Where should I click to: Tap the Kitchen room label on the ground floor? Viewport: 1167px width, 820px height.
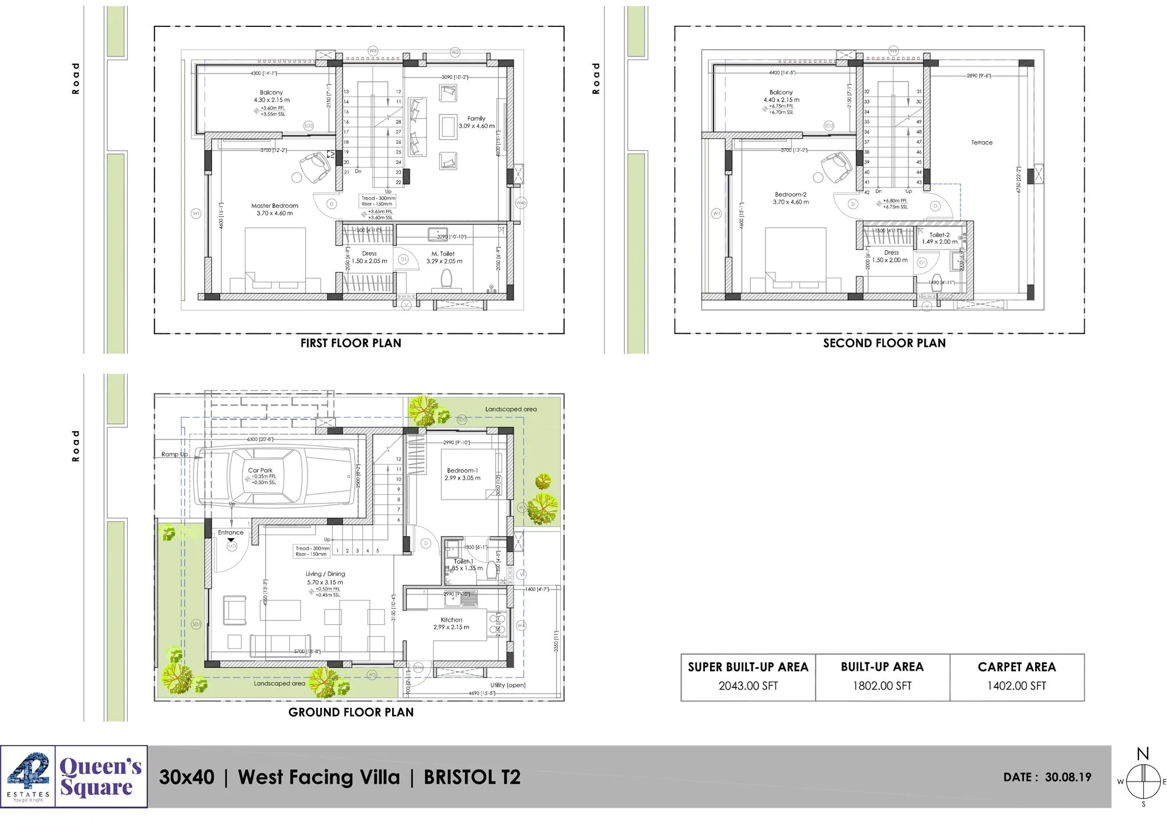pyautogui.click(x=451, y=620)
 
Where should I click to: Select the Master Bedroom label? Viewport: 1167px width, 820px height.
pyautogui.click(x=274, y=206)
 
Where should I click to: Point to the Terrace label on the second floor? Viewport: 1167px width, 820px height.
pyautogui.click(x=981, y=142)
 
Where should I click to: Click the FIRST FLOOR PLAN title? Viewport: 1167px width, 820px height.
pyautogui.click(x=351, y=343)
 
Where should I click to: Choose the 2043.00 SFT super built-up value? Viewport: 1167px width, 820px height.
pyautogui.click(x=748, y=686)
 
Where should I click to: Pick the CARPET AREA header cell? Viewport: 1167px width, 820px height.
pyautogui.click(x=1016, y=667)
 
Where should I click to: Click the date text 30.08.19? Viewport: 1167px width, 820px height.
pyautogui.click(x=1068, y=777)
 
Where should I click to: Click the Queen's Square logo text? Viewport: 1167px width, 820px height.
pyautogui.click(x=100, y=776)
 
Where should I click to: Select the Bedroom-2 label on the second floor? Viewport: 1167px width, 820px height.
pyautogui.click(x=791, y=195)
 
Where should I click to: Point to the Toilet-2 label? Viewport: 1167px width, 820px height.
pyautogui.click(x=939, y=235)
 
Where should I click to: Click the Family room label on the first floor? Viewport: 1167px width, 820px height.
pyautogui.click(x=476, y=118)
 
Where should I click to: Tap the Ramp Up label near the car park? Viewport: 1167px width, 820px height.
pyautogui.click(x=174, y=454)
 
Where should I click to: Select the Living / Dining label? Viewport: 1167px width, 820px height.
pyautogui.click(x=325, y=574)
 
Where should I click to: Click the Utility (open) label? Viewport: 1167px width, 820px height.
pyautogui.click(x=508, y=685)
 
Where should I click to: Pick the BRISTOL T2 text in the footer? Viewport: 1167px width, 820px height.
pyautogui.click(x=471, y=777)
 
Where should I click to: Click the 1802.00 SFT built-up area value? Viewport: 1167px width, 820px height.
pyautogui.click(x=882, y=686)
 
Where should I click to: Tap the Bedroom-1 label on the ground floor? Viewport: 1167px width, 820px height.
pyautogui.click(x=462, y=470)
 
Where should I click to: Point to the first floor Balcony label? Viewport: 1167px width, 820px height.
pyautogui.click(x=271, y=92)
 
